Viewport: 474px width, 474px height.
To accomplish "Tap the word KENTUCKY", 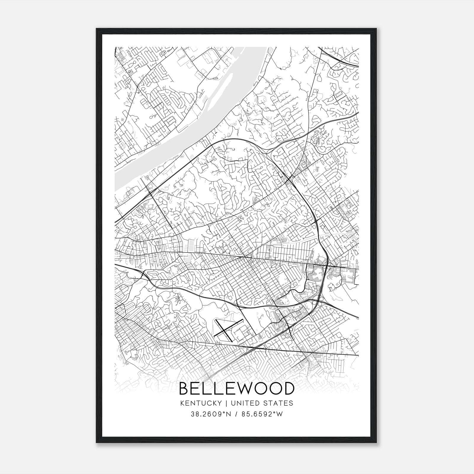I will pos(201,403).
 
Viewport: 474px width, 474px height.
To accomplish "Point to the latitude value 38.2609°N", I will pos(210,414).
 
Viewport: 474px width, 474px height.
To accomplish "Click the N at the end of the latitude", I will pos(229,414).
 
